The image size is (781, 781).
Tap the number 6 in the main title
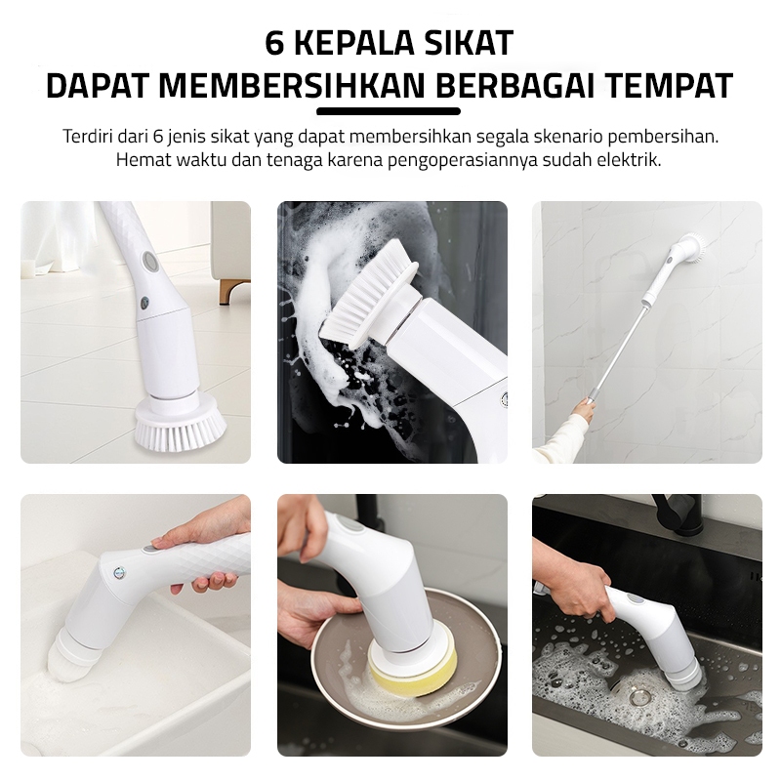click(274, 43)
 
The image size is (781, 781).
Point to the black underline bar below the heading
click(389, 111)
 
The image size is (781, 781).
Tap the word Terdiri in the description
click(88, 136)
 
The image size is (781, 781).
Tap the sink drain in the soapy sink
click(637, 697)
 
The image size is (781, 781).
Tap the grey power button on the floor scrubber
click(148, 261)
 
